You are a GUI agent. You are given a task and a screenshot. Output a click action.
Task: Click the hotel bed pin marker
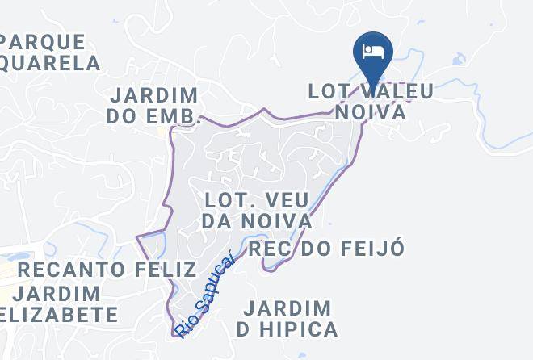tap(372, 54)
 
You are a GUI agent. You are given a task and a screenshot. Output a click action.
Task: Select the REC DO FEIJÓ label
tap(325, 249)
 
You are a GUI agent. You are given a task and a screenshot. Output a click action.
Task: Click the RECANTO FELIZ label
tap(107, 270)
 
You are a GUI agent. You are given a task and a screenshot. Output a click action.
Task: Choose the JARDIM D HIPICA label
tap(287, 319)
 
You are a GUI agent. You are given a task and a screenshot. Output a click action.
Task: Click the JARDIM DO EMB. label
tap(153, 106)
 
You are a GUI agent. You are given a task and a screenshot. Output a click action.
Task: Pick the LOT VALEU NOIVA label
tap(371, 101)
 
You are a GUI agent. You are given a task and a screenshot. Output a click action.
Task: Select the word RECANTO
tap(70, 270)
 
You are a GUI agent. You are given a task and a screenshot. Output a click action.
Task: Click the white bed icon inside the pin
tap(372, 52)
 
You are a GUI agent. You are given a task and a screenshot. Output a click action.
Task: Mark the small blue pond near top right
tap(459, 60)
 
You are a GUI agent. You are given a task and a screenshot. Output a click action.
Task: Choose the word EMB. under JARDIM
tap(174, 116)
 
